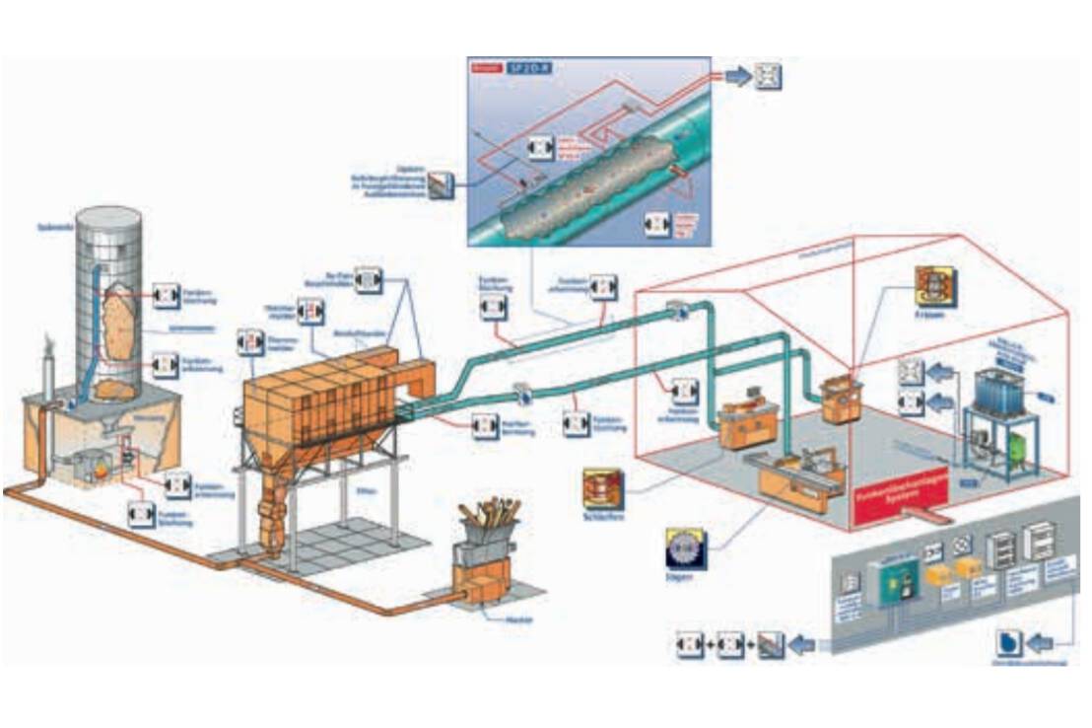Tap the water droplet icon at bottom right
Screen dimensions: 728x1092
(x=1009, y=643)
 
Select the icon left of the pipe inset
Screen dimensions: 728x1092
(x=441, y=184)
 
